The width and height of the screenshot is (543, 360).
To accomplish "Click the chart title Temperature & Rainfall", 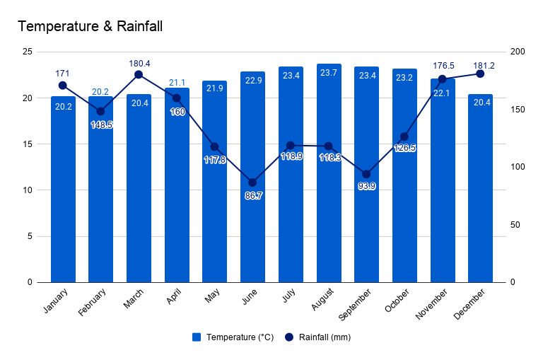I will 90,27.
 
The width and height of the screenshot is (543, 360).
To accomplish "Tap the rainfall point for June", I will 252,182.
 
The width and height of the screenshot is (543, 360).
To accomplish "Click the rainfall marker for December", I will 480,74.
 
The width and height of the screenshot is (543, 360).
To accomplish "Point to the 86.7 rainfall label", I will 253,195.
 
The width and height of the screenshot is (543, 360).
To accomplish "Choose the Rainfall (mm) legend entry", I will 317,337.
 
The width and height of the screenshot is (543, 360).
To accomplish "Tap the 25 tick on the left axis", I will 28,52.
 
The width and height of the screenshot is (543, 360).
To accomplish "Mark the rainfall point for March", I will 139,74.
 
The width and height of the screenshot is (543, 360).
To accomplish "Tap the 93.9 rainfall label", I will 367,186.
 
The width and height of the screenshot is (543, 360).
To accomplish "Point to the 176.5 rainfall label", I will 443,66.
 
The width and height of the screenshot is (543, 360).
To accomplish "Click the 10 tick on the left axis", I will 28,190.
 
